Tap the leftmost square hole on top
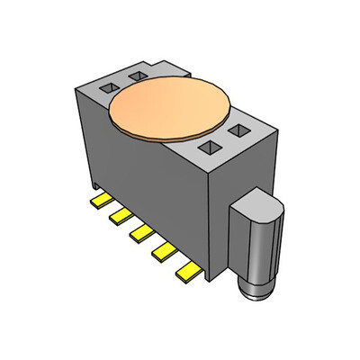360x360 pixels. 106,88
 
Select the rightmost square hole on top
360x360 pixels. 239,132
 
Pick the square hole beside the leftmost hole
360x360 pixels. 138,76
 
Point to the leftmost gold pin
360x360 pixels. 101,199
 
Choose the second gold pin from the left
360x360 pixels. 120,216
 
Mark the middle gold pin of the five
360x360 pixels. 140,233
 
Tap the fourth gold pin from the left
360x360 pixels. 164,251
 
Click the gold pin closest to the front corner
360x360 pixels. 187,270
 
